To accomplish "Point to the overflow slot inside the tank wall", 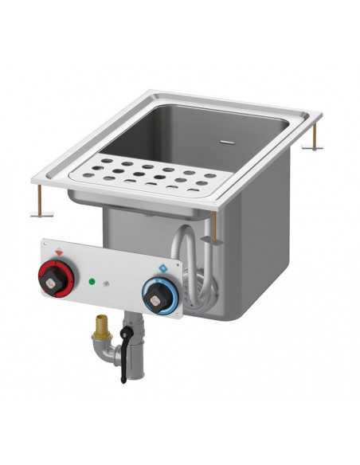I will (x=227, y=144).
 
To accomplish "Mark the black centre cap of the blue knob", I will (x=155, y=295).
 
